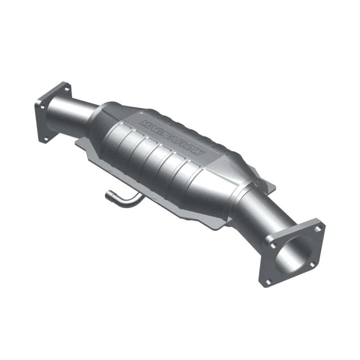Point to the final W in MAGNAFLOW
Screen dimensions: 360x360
tap(199, 153)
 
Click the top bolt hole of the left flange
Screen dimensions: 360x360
tap(67, 89)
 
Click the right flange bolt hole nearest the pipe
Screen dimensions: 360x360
tap(271, 245)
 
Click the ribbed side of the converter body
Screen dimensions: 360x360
tap(148, 157)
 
